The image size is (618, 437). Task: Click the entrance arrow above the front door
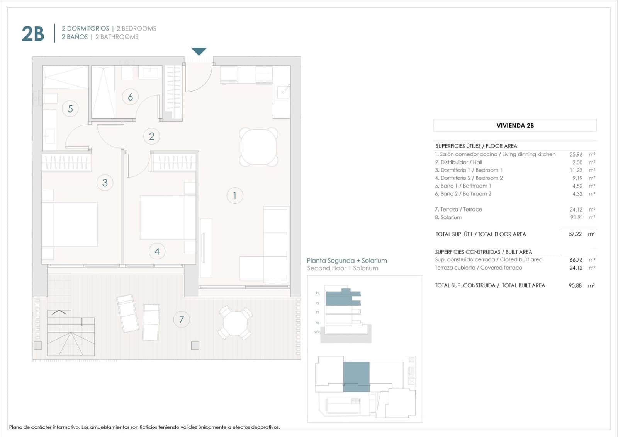pyautogui.click(x=199, y=51)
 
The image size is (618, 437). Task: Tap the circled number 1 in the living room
pyautogui.click(x=234, y=196)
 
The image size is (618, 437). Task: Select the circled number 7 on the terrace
pyautogui.click(x=181, y=319)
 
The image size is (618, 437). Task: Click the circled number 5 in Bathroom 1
pyautogui.click(x=70, y=109)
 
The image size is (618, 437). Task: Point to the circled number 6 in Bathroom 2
pyautogui.click(x=130, y=97)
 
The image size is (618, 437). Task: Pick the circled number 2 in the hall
pyautogui.click(x=151, y=136)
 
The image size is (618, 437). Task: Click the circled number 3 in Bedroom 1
pyautogui.click(x=105, y=183)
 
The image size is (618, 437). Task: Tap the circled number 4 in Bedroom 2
pyautogui.click(x=157, y=251)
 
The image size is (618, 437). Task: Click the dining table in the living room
pyautogui.click(x=258, y=147)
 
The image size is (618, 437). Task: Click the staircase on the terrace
pyautogui.click(x=71, y=333)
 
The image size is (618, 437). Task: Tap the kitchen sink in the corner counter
pyautogui.click(x=284, y=91)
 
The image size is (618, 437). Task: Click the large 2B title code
pyautogui.click(x=33, y=34)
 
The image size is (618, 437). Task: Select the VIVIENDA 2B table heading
pyautogui.click(x=515, y=125)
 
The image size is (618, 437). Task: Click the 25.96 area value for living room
pyautogui.click(x=576, y=154)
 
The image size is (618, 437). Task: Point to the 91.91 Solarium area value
pyautogui.click(x=576, y=217)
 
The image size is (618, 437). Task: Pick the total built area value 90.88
pyautogui.click(x=575, y=285)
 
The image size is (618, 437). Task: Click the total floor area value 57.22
pyautogui.click(x=575, y=234)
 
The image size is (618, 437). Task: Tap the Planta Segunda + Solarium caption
pyautogui.click(x=346, y=261)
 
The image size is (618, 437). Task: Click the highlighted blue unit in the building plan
pyautogui.click(x=356, y=376)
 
